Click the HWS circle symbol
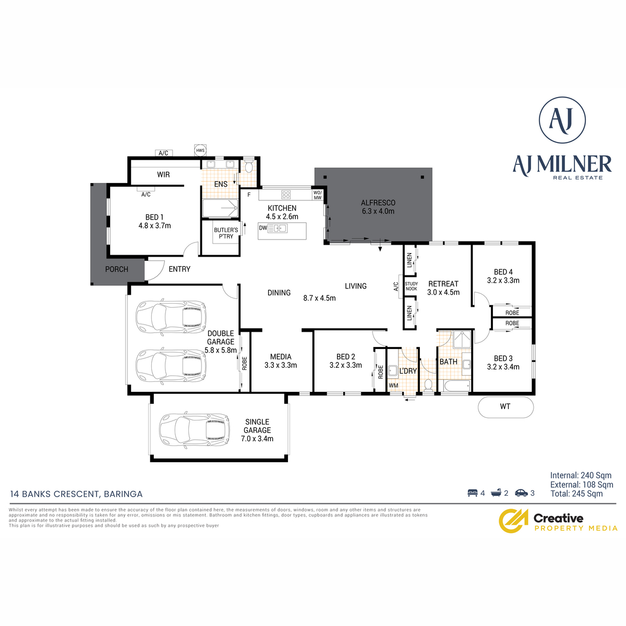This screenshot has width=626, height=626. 200,150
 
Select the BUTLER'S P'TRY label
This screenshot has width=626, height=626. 226,233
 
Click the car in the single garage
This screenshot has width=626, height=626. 195,430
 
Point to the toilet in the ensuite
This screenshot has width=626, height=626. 249,166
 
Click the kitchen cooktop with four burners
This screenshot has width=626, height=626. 286,194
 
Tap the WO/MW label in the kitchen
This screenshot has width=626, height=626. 317,195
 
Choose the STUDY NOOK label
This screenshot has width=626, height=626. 411,286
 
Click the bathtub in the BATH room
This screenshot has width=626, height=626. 456,386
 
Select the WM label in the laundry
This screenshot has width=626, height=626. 393,386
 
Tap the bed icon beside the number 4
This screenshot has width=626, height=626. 473,493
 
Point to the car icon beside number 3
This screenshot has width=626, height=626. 521,493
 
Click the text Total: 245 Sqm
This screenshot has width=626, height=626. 576,493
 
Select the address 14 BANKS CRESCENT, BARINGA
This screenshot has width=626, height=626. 76,494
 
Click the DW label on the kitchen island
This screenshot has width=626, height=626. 263,228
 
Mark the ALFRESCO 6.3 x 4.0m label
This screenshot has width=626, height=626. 378,207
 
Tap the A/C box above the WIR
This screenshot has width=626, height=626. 163,153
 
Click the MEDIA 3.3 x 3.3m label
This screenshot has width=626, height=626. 281,361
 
